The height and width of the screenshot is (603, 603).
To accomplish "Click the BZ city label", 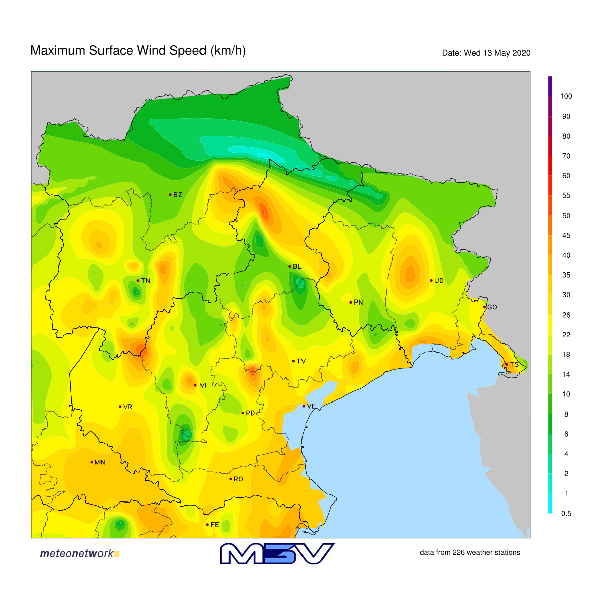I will tap(178, 195).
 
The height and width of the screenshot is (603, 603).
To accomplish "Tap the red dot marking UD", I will tap(431, 280).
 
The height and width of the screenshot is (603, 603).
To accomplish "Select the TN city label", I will tap(146, 281).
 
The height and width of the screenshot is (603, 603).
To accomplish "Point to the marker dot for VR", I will tap(120, 407).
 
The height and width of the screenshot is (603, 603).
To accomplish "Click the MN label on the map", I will tap(100, 462).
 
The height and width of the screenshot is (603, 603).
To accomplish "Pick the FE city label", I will tap(215, 525).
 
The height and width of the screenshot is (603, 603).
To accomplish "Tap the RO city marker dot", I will tap(231, 479).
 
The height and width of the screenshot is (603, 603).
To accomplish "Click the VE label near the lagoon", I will tap(311, 406).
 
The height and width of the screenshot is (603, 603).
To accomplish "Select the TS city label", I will tap(514, 365).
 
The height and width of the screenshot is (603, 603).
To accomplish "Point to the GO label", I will tap(492, 307).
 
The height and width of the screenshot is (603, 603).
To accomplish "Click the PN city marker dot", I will tap(350, 302).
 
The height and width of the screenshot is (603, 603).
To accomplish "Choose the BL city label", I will tap(297, 267).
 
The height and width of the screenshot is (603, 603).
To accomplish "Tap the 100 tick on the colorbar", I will tap(566, 96).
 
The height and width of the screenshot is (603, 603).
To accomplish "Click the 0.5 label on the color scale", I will tap(566, 514).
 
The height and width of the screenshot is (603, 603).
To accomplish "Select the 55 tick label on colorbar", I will tap(566, 196).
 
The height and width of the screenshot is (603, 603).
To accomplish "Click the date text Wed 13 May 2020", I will tap(497, 53).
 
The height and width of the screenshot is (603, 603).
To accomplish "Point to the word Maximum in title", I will tap(58, 51).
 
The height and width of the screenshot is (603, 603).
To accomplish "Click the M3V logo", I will tap(277, 553).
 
